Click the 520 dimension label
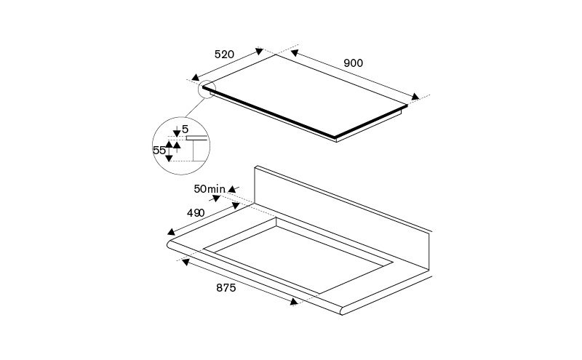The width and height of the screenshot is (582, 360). tap(225, 55)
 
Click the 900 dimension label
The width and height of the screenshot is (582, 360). tap(353, 63)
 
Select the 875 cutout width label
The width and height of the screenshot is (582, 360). tap(226, 287)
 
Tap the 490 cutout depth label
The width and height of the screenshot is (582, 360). tap(196, 213)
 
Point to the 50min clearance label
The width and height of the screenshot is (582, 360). tap(210, 189)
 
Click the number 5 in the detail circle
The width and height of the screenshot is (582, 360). tap(186, 129)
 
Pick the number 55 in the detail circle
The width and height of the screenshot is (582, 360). tap(159, 151)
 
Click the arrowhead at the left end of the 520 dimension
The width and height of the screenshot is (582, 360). tap(195, 77)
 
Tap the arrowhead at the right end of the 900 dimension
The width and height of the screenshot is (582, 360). tap(415, 97)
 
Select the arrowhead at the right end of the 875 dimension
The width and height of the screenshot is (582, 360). tap(294, 302)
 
